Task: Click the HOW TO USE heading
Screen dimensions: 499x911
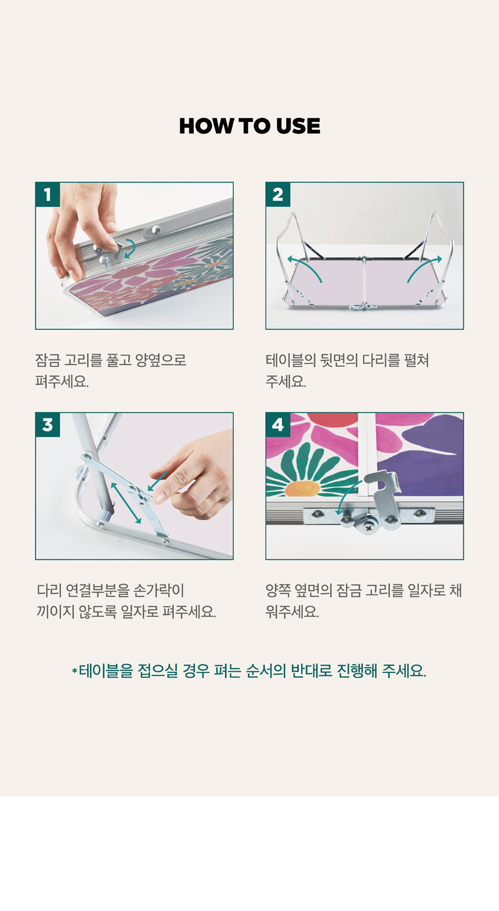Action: (x=249, y=126)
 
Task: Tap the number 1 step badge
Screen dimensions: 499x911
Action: (x=48, y=195)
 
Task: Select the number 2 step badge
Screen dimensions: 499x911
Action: (x=278, y=195)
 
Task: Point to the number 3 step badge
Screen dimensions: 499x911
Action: (x=48, y=424)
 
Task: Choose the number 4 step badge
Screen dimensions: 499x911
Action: (x=278, y=424)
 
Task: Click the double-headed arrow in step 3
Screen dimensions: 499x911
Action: (x=126, y=503)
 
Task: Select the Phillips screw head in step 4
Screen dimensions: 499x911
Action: (x=369, y=528)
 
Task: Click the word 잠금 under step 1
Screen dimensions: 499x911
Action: (x=48, y=361)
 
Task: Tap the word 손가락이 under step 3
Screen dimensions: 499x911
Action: (x=159, y=590)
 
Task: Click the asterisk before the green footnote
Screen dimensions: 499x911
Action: (x=74, y=671)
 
